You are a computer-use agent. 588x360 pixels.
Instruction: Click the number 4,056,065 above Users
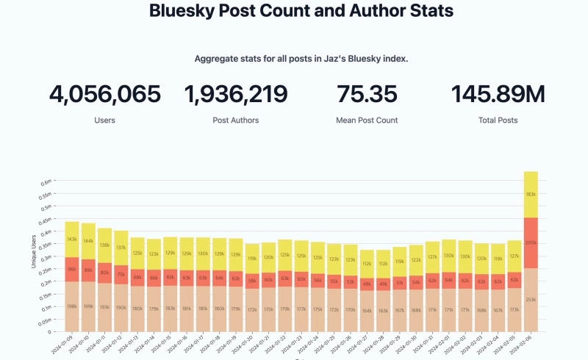point(104,95)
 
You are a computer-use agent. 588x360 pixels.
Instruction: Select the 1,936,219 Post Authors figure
point(236,95)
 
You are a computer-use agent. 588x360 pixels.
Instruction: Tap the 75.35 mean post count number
point(367,95)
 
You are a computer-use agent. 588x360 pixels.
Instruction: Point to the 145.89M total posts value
point(498,95)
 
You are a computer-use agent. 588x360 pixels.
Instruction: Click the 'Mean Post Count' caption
point(367,120)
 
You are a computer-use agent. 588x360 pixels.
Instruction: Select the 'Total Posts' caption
point(498,120)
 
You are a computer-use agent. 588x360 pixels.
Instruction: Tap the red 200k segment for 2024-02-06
point(531,242)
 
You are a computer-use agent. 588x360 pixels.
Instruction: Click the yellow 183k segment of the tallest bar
point(531,195)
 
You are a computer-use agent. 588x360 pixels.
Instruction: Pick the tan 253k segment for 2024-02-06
point(531,300)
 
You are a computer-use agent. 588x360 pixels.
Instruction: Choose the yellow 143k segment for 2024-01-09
point(72,239)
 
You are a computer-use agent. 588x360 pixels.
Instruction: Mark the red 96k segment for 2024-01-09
point(72,268)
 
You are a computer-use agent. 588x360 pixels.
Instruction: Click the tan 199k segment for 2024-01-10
point(88,306)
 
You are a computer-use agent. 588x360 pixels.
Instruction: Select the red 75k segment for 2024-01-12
point(121,274)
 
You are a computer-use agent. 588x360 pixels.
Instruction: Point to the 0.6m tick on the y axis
point(46,181)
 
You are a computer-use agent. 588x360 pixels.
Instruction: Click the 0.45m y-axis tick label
point(44,219)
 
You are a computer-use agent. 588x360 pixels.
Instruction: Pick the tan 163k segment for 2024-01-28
point(382,311)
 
